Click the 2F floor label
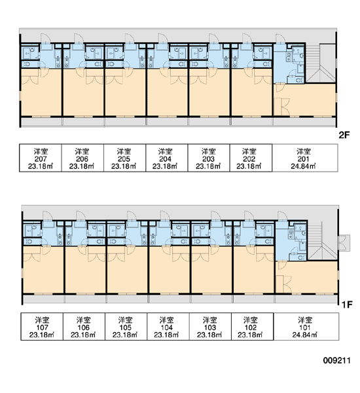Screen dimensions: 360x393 344,135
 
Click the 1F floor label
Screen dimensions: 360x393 347,305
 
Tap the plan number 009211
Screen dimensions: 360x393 336,360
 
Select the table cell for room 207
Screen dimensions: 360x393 41,158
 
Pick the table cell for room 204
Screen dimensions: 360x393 167,158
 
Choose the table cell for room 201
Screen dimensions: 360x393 305,158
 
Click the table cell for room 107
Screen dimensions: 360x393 42,327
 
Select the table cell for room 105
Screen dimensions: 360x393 126,327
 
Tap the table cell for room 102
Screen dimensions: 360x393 252,327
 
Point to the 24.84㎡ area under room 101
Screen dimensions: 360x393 305,335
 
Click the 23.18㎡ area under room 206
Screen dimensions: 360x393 82,166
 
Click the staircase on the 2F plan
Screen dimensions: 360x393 321,64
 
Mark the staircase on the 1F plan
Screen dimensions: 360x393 323,241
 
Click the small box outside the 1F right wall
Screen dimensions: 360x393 344,242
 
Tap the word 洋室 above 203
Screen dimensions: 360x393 208,151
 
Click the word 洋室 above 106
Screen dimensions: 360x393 84,320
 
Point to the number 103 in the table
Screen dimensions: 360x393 210,327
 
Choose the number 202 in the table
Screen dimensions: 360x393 249,159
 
